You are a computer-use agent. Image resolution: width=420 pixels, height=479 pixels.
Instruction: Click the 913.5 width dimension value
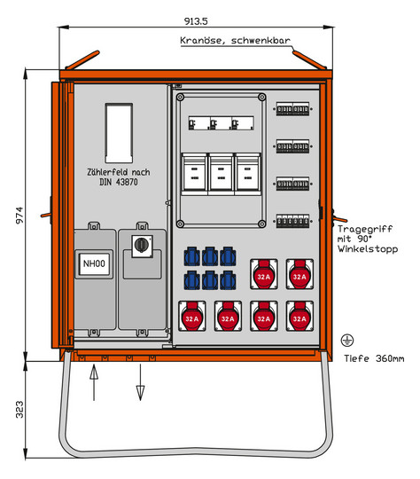coord(196,21)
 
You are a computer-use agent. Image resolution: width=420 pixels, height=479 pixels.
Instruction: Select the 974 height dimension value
coord(19,216)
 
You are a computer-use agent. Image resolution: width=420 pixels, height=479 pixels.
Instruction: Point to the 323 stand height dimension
coord(19,409)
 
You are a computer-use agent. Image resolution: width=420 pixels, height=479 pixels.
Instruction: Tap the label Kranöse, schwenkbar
coord(235,40)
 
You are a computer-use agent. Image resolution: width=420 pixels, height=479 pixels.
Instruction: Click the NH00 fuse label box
coord(94,263)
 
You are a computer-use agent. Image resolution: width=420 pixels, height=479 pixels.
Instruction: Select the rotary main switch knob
coord(142,245)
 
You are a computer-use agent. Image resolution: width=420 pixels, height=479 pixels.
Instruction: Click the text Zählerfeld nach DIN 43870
coord(119,177)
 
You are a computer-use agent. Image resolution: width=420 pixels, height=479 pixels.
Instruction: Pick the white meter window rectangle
coord(119,133)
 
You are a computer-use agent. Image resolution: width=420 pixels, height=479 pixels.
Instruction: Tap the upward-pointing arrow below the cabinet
coord(94,382)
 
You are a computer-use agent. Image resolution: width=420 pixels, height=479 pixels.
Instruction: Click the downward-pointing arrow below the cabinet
coord(140,382)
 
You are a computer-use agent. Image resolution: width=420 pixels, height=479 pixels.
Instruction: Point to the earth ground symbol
coord(347,340)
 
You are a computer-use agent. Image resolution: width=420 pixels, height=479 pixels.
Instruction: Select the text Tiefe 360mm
coord(374,358)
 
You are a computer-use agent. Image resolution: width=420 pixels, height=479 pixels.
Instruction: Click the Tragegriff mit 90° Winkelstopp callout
coord(368,239)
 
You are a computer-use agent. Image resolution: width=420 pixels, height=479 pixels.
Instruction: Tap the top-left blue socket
coord(191,256)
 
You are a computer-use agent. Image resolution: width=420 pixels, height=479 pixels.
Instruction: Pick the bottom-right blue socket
coord(228,280)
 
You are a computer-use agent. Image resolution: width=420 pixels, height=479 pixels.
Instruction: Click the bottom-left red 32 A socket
coord(192,316)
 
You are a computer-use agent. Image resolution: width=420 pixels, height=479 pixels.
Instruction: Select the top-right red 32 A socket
coord(299,274)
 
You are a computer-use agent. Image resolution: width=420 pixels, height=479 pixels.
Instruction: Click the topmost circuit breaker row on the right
coord(292,109)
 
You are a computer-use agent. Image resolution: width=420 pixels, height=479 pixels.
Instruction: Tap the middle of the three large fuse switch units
coord(221,174)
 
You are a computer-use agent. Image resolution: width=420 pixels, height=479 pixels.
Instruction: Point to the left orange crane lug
coord(82,60)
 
